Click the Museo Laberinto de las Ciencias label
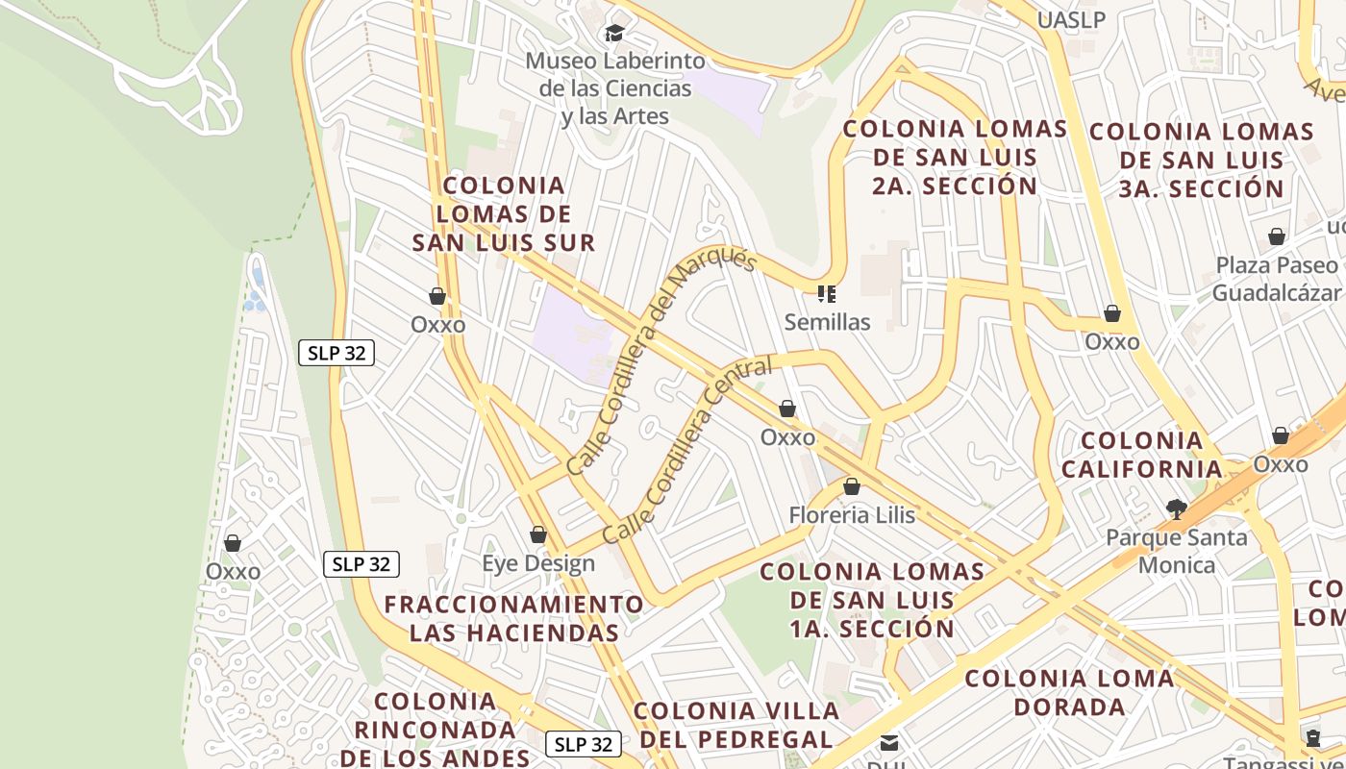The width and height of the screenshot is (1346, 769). pos(614,88)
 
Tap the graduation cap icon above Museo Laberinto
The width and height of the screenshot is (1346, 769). pos(614,34)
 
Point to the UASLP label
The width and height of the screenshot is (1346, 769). pos(1072,19)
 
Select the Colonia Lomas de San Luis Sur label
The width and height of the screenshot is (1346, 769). pos(504,213)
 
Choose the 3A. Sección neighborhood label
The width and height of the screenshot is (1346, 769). pos(1202,160)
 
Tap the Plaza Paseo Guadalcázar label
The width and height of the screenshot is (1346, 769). pos(1276,279)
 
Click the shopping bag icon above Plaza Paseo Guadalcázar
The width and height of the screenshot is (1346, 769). pos(1277,236)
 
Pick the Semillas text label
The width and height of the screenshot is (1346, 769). pos(827,322)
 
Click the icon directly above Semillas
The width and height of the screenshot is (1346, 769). pos(827,293)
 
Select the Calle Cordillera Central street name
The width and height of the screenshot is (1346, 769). pos(687,450)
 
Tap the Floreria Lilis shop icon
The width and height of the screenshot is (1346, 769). pos(852,486)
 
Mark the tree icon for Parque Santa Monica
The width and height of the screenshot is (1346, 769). pos(1176,509)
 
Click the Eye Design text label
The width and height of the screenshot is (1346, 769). pos(538,563)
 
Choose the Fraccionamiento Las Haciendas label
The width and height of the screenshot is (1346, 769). pos(514,618)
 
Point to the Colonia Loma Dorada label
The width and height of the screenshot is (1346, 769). pos(1069,692)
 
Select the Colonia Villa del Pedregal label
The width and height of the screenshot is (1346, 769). pos(736,725)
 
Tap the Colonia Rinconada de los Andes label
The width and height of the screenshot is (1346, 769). pos(436,730)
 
